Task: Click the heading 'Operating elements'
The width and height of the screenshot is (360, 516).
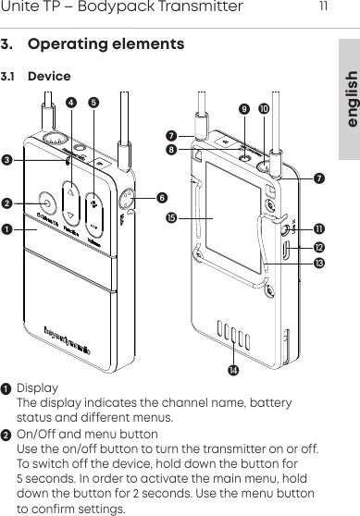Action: (106, 44)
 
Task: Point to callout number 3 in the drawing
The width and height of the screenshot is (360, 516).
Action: (7, 161)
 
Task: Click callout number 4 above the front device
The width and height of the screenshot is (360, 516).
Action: (72, 102)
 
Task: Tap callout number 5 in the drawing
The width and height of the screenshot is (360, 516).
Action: (93, 102)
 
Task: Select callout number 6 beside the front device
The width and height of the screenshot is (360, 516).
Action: (162, 197)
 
